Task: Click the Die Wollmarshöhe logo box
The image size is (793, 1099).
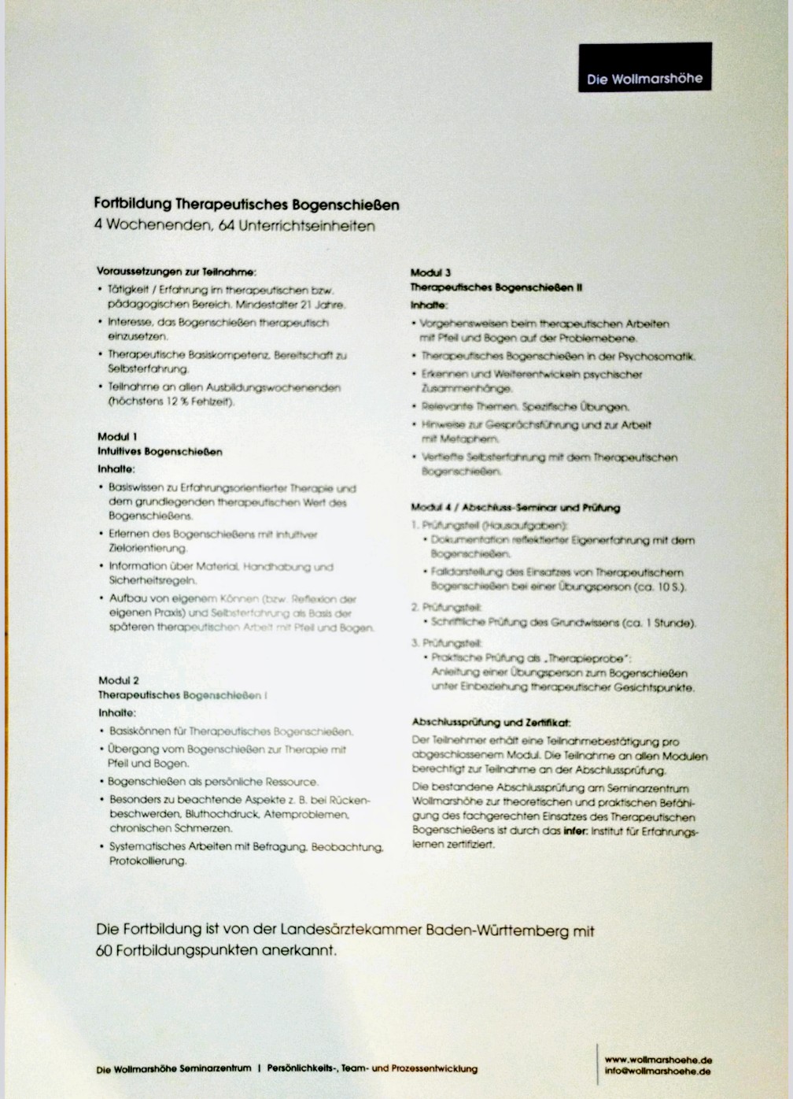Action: tap(644, 68)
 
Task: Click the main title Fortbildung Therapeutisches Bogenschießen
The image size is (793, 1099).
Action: tap(246, 205)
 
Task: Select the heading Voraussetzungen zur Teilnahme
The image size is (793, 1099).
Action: tap(175, 272)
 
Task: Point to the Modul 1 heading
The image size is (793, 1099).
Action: tap(117, 436)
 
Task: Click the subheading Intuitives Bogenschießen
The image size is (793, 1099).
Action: tap(160, 452)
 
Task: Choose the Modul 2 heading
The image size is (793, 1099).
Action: tap(119, 680)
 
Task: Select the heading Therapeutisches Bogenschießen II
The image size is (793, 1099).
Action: tap(496, 287)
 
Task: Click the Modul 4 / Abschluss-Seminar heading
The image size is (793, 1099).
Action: tap(515, 508)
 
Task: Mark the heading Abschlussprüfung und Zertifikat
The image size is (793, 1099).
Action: tap(491, 722)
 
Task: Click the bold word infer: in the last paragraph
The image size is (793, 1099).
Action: tap(576, 831)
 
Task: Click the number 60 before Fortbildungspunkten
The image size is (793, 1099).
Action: tap(105, 950)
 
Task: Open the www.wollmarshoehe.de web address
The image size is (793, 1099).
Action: tap(658, 1060)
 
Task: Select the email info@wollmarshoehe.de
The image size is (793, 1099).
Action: tap(658, 1071)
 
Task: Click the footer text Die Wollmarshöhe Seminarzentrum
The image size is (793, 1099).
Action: tap(173, 1069)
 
